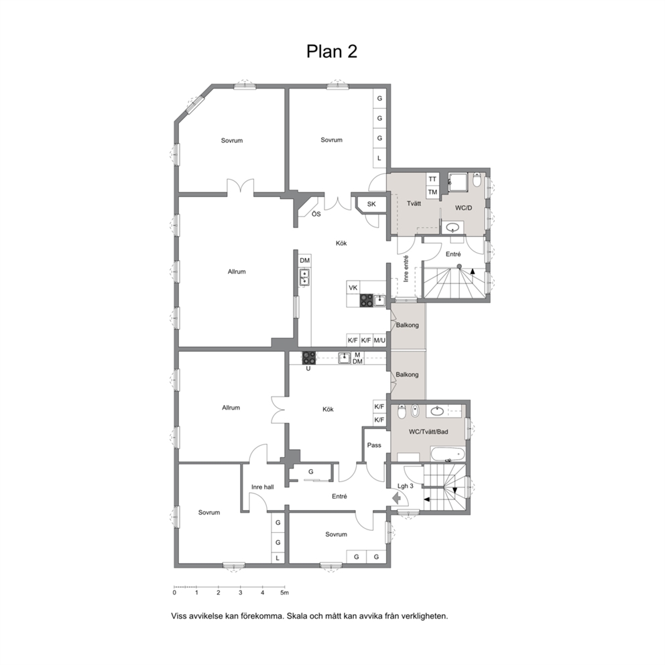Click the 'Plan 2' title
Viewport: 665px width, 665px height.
[332, 52]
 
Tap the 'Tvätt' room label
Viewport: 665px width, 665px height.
[414, 204]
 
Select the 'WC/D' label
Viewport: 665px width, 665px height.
[463, 208]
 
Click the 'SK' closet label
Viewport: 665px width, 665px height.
[371, 204]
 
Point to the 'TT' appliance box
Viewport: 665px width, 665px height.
[432, 179]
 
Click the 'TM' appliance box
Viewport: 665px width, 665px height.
[432, 192]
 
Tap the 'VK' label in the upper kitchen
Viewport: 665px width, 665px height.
[353, 288]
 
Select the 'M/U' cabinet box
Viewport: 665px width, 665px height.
[379, 340]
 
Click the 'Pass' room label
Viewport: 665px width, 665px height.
[374, 445]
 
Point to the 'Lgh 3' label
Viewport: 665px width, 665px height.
[406, 486]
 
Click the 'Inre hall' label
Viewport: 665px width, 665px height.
[263, 487]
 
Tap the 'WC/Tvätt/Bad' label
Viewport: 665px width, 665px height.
[428, 432]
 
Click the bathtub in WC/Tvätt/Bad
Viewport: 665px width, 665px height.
[447, 455]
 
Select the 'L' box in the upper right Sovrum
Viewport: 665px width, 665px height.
[379, 158]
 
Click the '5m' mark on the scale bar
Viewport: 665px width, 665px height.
[285, 593]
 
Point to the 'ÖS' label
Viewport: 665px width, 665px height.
[316, 214]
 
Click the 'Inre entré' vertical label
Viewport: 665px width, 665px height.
[406, 269]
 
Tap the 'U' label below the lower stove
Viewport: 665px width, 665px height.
[308, 369]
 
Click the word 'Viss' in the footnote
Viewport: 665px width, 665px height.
[178, 616]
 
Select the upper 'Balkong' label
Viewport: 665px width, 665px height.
[407, 325]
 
